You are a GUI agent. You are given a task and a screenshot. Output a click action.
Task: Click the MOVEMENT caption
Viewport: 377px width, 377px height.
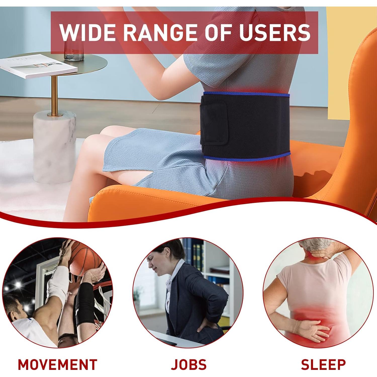(x=58, y=364)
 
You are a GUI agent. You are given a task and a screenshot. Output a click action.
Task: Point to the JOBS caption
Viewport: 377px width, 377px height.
(x=189, y=364)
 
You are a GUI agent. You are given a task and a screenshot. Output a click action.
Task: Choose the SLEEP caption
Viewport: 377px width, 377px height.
(x=323, y=364)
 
